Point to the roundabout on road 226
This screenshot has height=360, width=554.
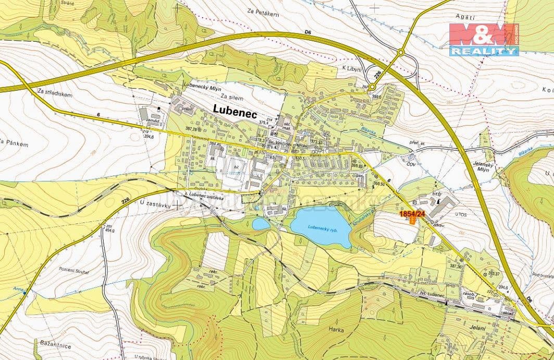point(400,52)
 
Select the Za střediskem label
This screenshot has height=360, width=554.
point(54,91)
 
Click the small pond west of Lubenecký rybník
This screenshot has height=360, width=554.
point(261,224)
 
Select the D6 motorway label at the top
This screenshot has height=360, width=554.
point(308,33)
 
